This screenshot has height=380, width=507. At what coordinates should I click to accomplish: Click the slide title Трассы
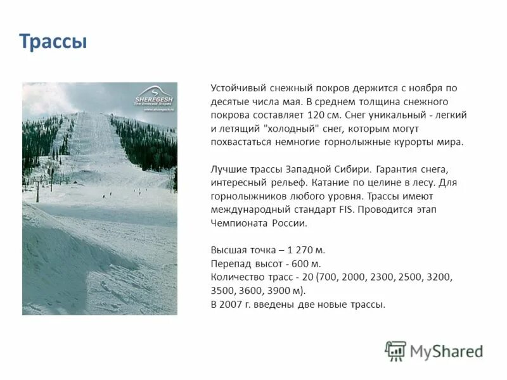[53, 42]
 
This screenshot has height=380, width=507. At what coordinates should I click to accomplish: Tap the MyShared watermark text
[447, 351]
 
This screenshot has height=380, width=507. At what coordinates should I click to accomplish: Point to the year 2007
[233, 304]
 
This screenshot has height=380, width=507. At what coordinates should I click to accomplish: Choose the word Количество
[238, 277]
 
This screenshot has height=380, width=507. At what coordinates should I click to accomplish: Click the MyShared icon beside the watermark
[395, 351]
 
